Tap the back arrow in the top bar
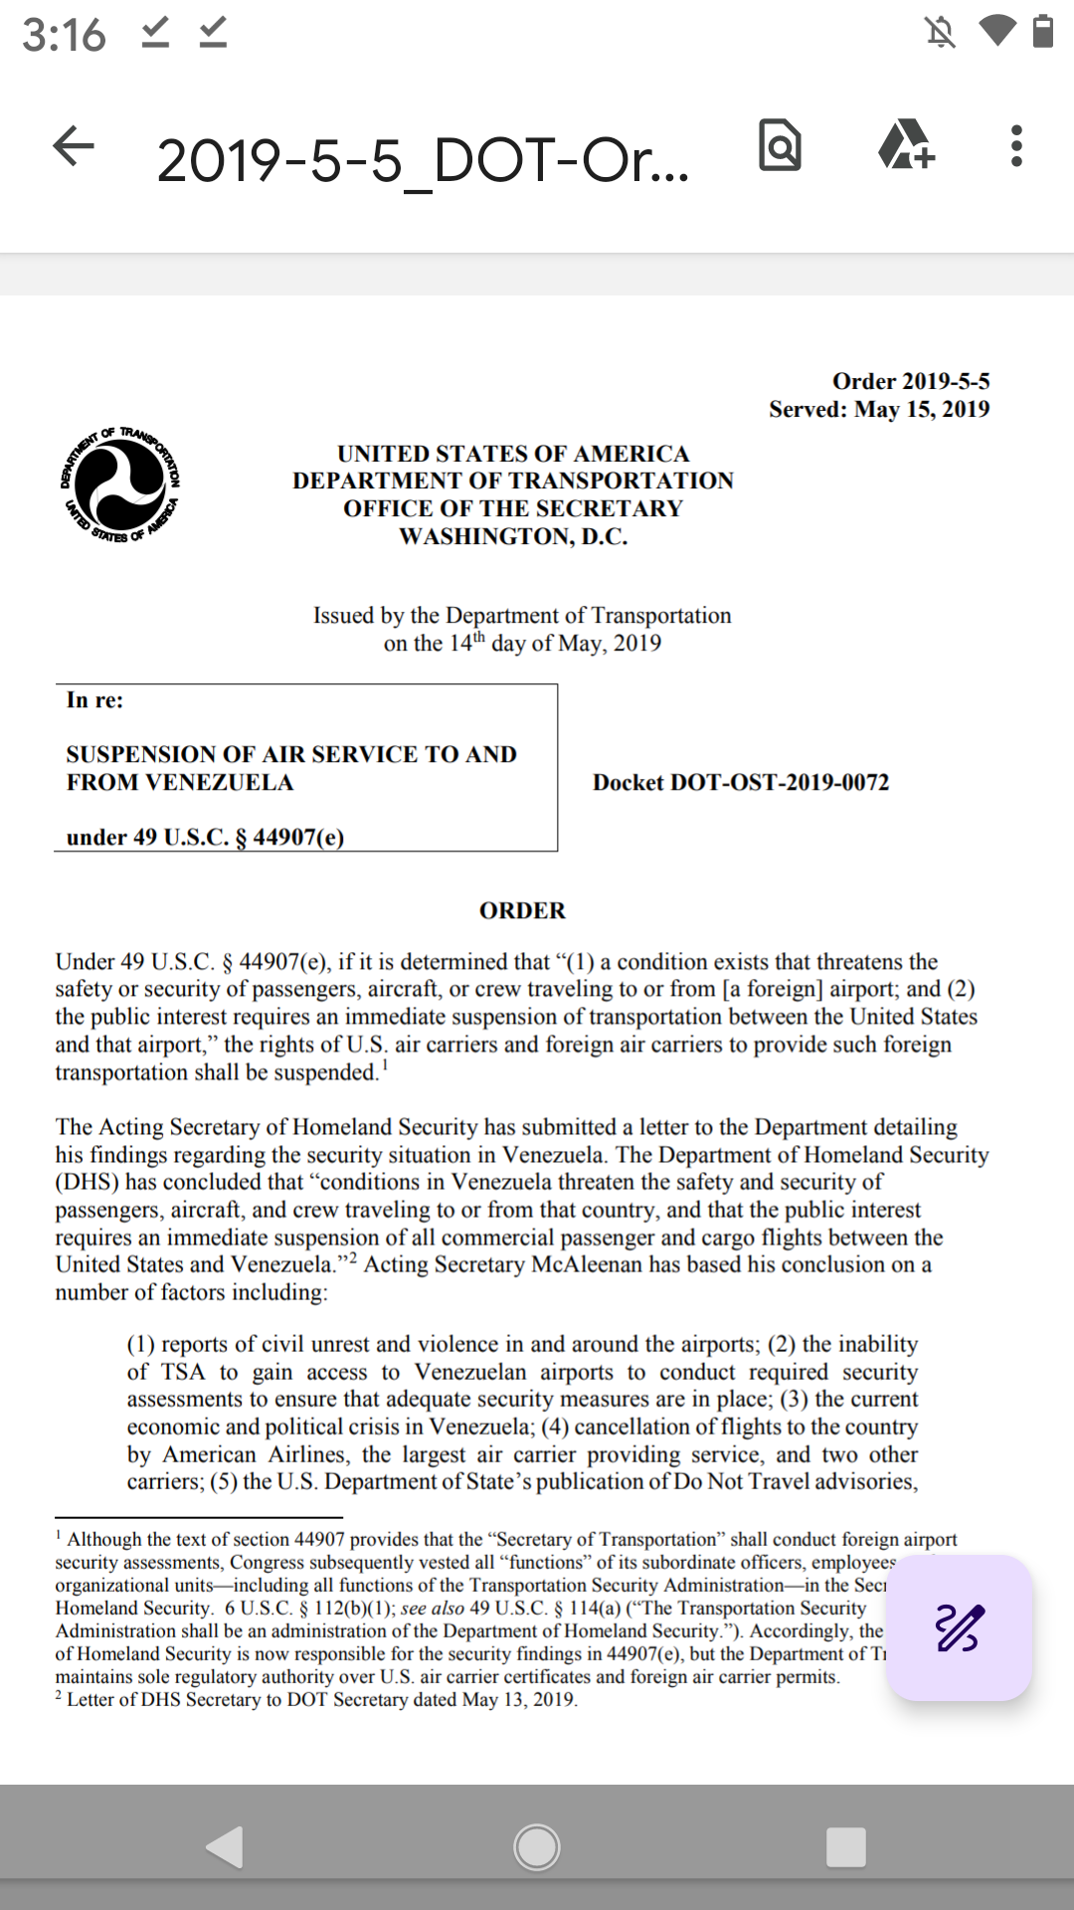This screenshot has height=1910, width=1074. coord(74,147)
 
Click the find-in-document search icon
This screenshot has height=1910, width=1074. coord(780,146)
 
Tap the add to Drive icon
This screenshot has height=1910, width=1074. coord(906,146)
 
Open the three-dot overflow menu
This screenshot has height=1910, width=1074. coord(1015,146)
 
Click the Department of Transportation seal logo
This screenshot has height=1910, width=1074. coord(120,485)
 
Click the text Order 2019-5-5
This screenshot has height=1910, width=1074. coord(911,381)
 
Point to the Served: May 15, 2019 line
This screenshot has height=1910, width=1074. coord(879,409)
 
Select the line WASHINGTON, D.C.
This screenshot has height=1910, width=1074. coord(513,536)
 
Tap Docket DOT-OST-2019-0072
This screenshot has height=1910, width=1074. coord(741,782)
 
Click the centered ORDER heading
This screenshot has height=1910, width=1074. coord(522,910)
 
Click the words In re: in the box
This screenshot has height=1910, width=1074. coord(95,700)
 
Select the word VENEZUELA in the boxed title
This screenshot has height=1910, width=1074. coord(221,783)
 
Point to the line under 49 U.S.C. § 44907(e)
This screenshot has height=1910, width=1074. coord(205,838)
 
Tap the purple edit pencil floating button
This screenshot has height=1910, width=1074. coord(959,1627)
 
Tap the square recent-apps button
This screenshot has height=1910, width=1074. coord(845,1847)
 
